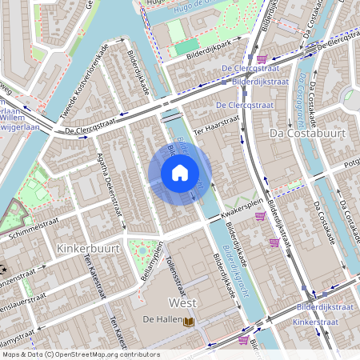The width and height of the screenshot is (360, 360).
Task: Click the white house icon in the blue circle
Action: pos(180,172)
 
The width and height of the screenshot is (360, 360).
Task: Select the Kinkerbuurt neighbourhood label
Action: pos(89,249)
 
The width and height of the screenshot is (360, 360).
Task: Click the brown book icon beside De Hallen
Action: pos(190,322)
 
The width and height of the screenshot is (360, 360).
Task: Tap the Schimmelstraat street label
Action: pos(36,229)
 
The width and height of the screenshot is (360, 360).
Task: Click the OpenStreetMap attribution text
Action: pos(80,354)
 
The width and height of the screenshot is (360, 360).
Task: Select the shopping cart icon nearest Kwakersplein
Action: pos(259,215)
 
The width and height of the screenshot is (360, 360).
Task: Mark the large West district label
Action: pos(182,302)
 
